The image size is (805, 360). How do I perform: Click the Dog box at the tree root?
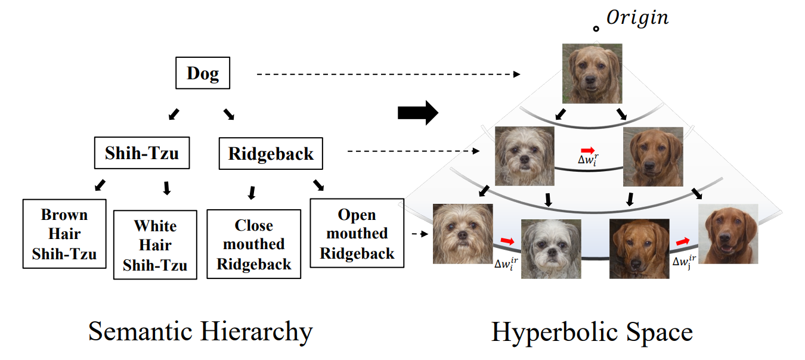203,74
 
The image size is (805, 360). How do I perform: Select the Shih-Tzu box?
142,153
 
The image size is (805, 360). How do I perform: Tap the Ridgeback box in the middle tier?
271,154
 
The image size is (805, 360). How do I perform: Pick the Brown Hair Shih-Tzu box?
64,234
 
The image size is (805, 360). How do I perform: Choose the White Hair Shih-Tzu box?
155,245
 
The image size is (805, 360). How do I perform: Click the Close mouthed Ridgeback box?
254,244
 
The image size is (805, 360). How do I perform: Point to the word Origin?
637,18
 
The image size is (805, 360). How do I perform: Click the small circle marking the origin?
596,29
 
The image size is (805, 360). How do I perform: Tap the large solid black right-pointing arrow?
418,113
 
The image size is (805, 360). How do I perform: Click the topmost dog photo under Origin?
592,73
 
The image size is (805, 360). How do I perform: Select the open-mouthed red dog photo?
728,234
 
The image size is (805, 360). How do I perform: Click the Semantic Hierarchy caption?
200,331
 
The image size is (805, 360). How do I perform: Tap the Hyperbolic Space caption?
592,332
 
